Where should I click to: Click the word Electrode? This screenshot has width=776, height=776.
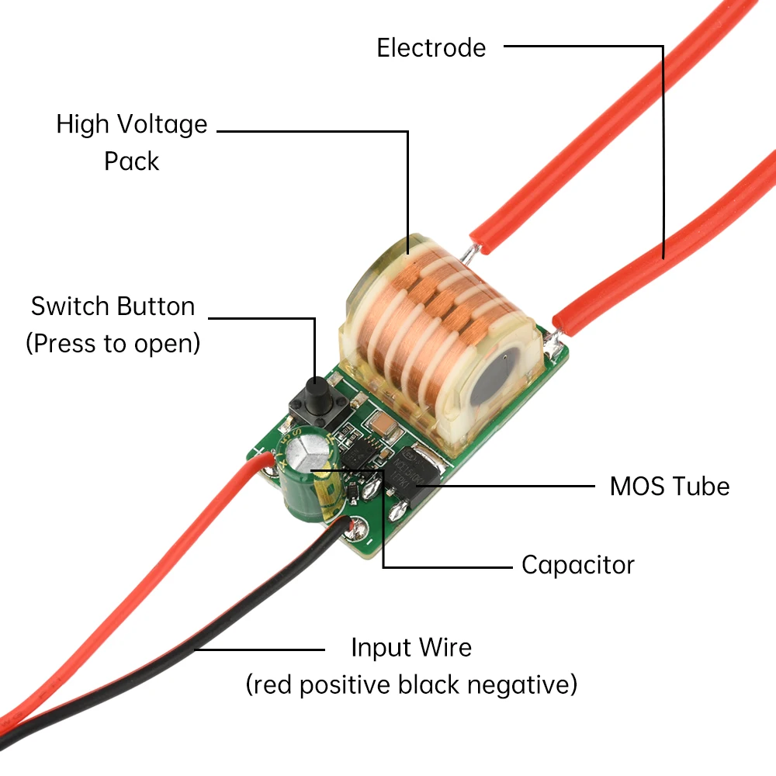pyautogui.click(x=431, y=47)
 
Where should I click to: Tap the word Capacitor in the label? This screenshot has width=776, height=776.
pyautogui.click(x=577, y=564)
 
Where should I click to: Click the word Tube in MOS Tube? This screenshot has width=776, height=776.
pyautogui.click(x=701, y=487)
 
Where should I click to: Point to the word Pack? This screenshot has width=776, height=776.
pyautogui.click(x=131, y=161)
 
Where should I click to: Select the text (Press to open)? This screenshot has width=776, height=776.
pyautogui.click(x=113, y=343)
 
